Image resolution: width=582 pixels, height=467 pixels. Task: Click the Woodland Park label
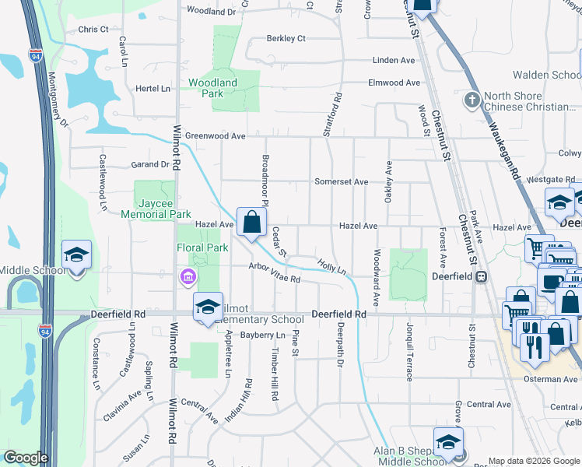pos(212,88)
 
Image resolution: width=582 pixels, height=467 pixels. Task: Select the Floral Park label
pos(202,248)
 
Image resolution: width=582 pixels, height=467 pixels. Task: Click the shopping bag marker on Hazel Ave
pos(251,223)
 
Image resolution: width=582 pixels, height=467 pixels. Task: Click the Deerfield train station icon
pos(481,276)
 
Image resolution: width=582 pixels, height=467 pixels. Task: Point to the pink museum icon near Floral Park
pos(188,276)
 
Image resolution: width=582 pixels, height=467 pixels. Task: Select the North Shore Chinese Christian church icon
pos(471,100)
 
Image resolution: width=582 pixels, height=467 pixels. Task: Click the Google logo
pos(26,458)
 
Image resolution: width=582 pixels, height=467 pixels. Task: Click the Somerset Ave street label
pos(341,181)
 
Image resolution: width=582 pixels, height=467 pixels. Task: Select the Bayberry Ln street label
pos(263,335)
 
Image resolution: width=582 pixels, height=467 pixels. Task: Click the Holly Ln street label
pos(331,267)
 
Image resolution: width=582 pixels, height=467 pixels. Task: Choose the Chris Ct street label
pos(93,29)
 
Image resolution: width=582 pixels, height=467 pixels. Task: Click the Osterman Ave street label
pos(549,379)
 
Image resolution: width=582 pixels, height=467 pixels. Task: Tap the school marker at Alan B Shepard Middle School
pos(448,443)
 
